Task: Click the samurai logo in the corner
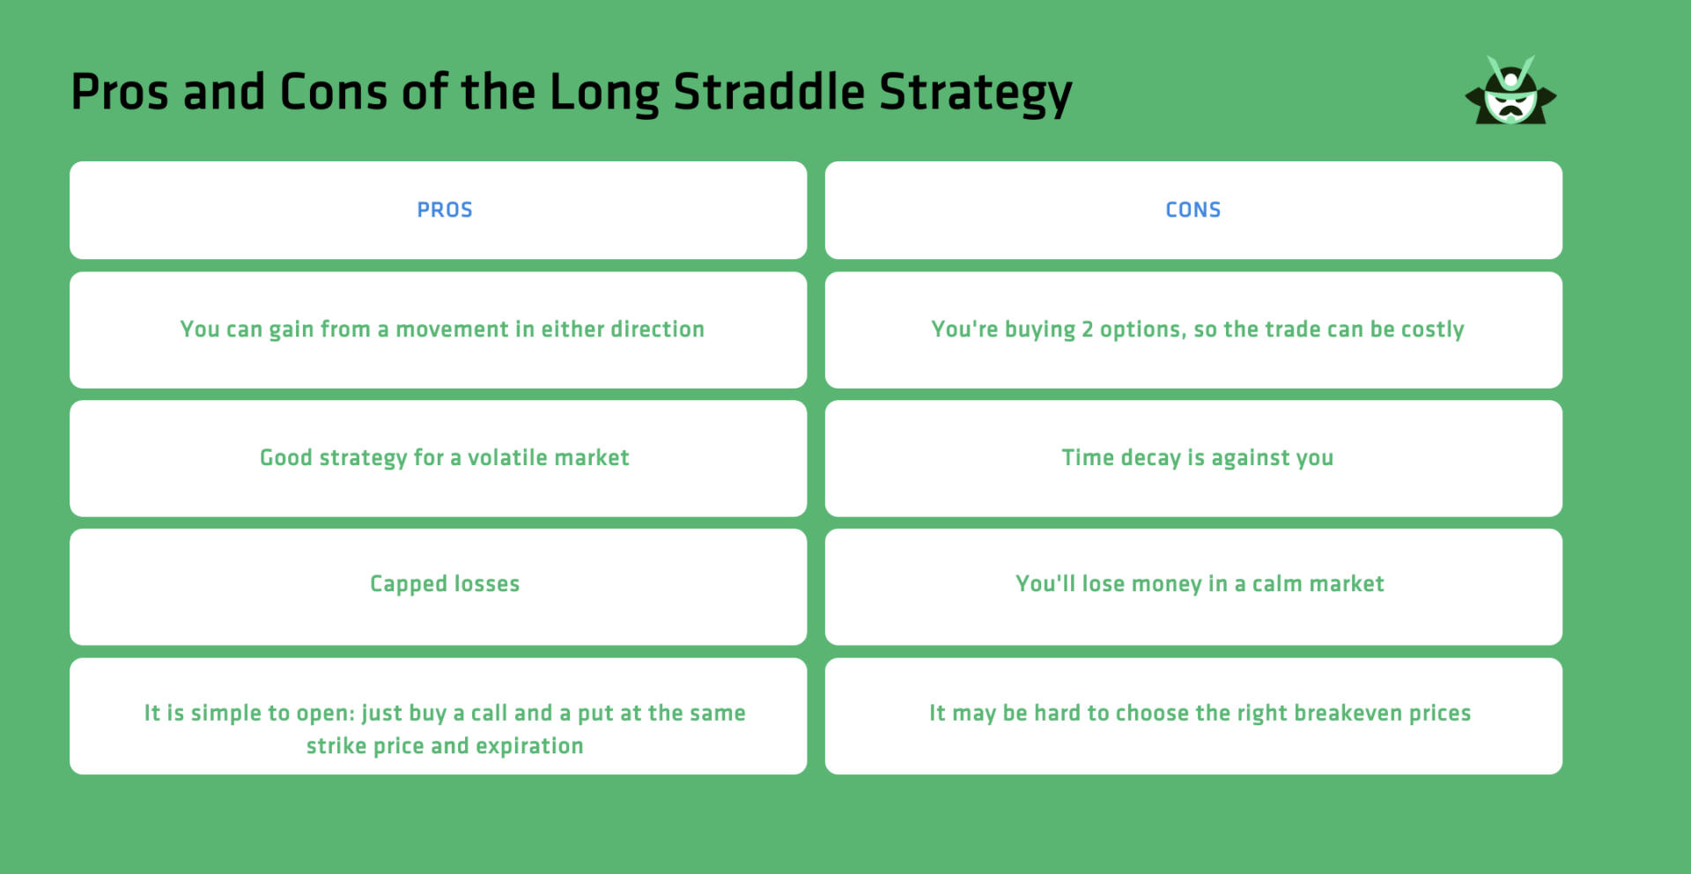coord(1510,92)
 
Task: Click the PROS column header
coord(445,210)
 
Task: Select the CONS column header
coord(1193,210)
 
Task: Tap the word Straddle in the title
coord(769,93)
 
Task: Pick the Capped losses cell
coord(445,584)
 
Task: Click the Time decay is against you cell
coord(1197,458)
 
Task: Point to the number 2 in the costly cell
coord(1087,330)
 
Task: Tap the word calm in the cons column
coord(1279,584)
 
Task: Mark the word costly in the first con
coord(1432,330)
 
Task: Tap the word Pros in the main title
coord(119,93)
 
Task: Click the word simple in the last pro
coord(225,714)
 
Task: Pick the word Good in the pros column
coord(285,458)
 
